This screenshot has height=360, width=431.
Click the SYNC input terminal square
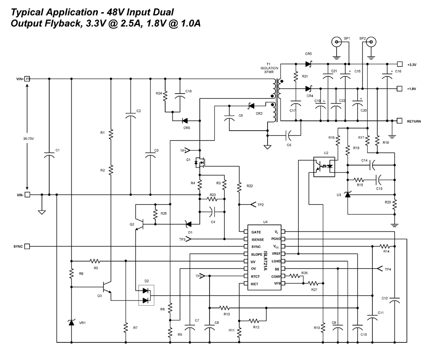pos(27,246)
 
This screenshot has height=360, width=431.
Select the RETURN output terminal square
pos(400,121)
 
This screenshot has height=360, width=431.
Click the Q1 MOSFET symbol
pos(200,163)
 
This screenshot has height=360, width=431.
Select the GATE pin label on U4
pos(256,232)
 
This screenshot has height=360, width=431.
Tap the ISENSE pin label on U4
pos(258,239)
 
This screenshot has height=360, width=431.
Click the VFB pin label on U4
pos(277,283)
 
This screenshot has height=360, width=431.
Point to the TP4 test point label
pos(388,269)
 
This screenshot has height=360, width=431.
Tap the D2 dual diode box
pos(146,295)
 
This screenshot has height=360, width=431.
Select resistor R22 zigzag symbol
pos(238,186)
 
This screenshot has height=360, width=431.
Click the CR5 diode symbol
pos(308,64)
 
